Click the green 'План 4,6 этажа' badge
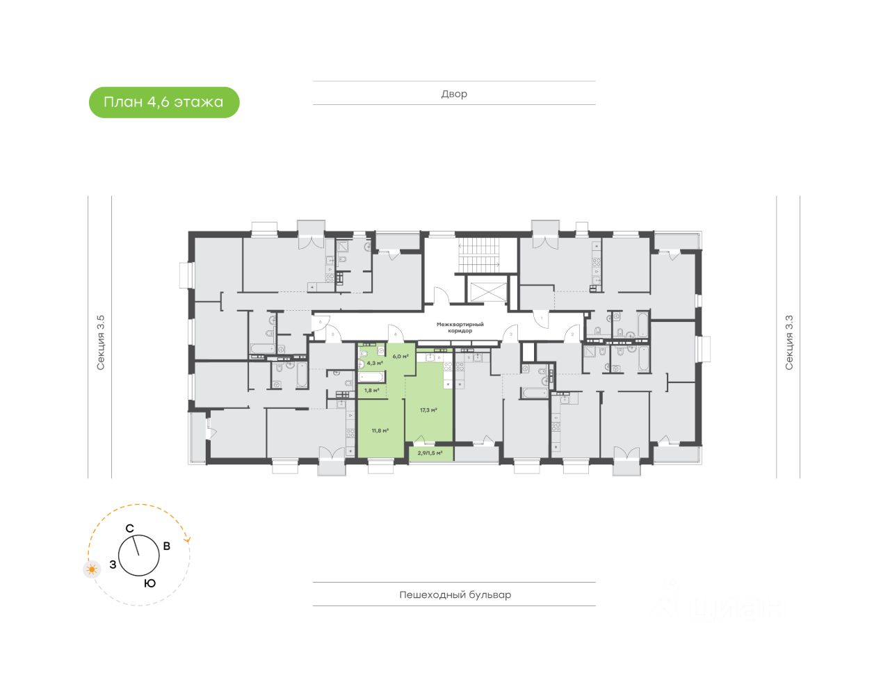[x=164, y=102]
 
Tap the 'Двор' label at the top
[x=454, y=94]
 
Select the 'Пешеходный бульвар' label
[x=455, y=594]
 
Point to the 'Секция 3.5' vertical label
[x=101, y=342]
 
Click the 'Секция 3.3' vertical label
[x=788, y=342]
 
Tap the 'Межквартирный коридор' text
[x=460, y=327]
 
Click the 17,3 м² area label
[x=428, y=410]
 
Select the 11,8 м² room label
[x=380, y=430]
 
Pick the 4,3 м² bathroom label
[x=375, y=363]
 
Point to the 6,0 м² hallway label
[x=400, y=356]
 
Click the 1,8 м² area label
[x=371, y=390]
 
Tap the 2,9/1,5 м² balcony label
[x=430, y=453]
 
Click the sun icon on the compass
[x=91, y=570]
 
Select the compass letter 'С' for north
[x=129, y=529]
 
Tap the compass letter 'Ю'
[x=149, y=583]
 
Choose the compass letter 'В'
[x=166, y=546]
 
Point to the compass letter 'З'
[x=113, y=565]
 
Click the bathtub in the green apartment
[x=371, y=378]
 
